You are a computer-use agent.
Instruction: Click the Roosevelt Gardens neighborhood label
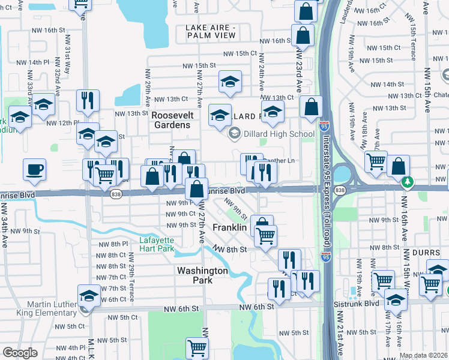pyautogui.click(x=170, y=119)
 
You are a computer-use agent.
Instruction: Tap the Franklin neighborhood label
pyautogui.click(x=230, y=228)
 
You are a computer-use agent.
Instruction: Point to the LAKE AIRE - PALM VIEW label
pyautogui.click(x=211, y=32)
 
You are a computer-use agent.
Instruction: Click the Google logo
pyautogui.click(x=20, y=353)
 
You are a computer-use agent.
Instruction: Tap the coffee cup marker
pyautogui.click(x=34, y=169)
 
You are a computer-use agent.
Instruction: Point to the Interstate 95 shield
pyautogui.click(x=324, y=127)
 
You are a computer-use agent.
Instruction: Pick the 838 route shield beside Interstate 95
pyautogui.click(x=340, y=190)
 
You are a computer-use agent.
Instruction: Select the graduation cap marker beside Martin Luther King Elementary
pyautogui.click(x=89, y=296)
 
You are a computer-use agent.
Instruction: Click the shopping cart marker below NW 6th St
pyautogui.click(x=196, y=347)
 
